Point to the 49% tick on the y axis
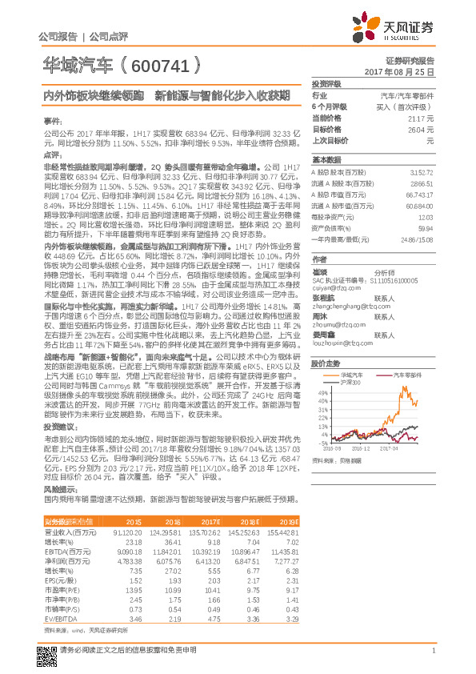click(x=322, y=393)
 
